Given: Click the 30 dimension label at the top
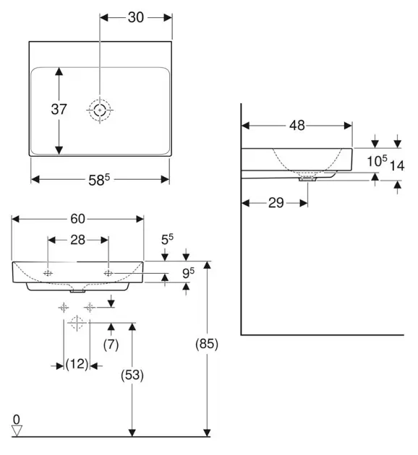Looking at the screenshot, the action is click(x=136, y=17).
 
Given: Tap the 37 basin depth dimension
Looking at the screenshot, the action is click(x=59, y=109).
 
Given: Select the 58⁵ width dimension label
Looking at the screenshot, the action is click(x=99, y=180).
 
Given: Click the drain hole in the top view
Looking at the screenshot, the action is click(x=100, y=110).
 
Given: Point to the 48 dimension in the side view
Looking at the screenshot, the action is click(x=297, y=126).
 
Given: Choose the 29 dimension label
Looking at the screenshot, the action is click(x=276, y=202).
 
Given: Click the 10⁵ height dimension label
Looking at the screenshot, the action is click(x=377, y=160).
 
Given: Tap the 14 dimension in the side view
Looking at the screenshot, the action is click(x=397, y=165).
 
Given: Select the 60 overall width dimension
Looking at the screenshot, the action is click(x=77, y=219).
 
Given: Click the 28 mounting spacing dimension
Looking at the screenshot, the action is click(x=77, y=240).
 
